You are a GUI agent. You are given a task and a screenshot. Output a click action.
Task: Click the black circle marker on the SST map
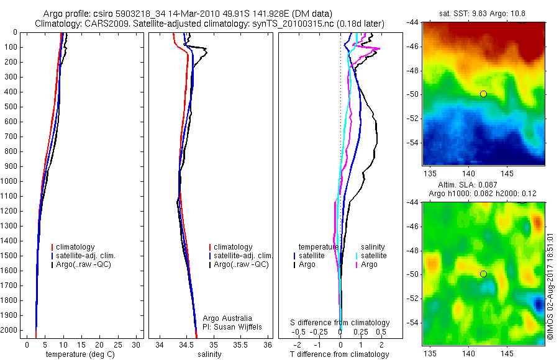click(x=483, y=94)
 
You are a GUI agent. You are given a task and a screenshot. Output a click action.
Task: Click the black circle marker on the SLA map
click(x=483, y=274)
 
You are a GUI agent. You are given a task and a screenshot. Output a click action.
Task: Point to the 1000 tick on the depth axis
click(x=12, y=181)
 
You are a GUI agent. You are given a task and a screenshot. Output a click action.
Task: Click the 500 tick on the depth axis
click(x=12, y=107)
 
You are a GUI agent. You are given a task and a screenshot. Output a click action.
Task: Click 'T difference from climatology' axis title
click(x=339, y=354)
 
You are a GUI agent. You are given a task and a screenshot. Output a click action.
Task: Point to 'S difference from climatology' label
click(x=340, y=323)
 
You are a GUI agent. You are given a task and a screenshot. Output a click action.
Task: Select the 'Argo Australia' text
click(x=227, y=318)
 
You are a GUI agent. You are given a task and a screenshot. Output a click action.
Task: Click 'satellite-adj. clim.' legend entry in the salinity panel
click(x=243, y=256)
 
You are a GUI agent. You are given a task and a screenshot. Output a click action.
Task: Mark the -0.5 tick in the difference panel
click(x=299, y=332)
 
